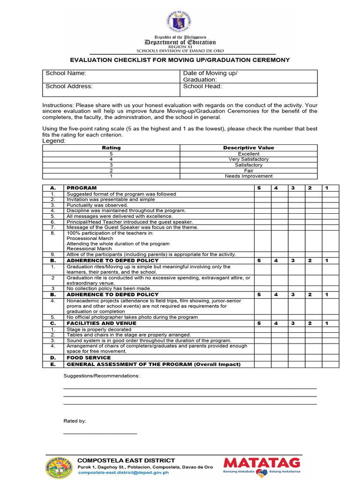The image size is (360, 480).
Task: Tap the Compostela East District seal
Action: (x=60, y=467)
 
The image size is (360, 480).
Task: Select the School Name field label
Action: (x=66, y=74)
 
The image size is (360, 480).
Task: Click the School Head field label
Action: (x=202, y=86)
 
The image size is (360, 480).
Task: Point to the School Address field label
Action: (x=69, y=86)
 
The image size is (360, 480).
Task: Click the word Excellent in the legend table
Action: (x=248, y=154)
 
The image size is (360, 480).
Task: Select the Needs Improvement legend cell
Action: (x=248, y=176)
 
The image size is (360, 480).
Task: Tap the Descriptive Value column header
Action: (x=248, y=148)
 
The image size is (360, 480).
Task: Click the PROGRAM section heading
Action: (x=82, y=188)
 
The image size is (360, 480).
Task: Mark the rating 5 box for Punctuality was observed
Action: (x=262, y=205)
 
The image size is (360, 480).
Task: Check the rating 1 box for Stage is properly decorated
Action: (x=330, y=330)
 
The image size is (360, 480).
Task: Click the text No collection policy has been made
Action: (x=109, y=288)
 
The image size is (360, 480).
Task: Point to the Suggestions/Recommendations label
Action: (x=101, y=376)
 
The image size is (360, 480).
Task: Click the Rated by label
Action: (x=75, y=421)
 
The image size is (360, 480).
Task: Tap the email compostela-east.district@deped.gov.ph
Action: (x=123, y=472)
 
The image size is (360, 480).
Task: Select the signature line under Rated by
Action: (x=100, y=434)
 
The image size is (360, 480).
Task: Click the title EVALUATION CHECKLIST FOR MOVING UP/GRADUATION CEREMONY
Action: (x=180, y=60)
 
